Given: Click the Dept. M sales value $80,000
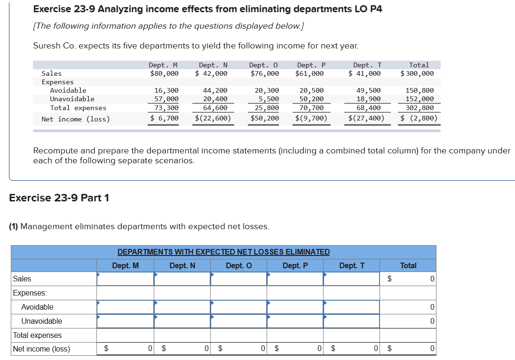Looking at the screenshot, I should click(164, 73).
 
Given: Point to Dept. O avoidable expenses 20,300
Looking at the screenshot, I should click(267, 90).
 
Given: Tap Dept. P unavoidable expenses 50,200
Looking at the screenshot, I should click(311, 99).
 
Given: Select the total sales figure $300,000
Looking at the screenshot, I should click(417, 73).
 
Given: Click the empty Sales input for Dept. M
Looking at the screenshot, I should click(126, 279).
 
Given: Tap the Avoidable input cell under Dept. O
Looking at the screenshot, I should click(238, 307).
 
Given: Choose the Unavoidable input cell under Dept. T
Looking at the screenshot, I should click(351, 321).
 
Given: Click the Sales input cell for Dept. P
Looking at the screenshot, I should click(295, 279).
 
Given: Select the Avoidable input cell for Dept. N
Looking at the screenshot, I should click(182, 307).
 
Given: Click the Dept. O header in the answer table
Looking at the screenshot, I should click(238, 265).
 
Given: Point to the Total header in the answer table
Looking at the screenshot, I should click(408, 265).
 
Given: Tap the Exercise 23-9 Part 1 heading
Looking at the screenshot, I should click(59, 198).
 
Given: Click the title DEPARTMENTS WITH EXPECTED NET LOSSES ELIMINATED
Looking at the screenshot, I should click(223, 252).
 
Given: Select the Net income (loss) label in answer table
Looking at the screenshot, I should click(41, 349).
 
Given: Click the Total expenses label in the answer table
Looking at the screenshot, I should click(37, 336).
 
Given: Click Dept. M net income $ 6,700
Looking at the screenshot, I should click(164, 118).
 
